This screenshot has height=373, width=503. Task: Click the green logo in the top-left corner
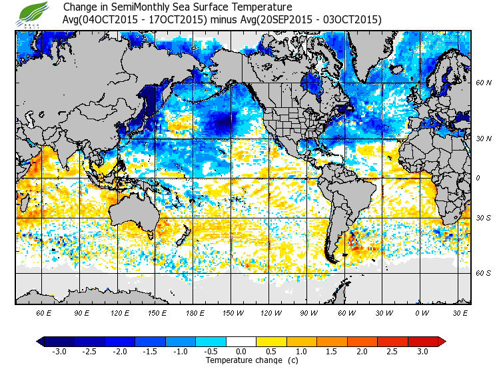[x=33, y=13]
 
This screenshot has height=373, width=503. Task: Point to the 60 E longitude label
[x=43, y=312]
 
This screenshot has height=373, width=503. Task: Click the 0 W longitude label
[x=421, y=312]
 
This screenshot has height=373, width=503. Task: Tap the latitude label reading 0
[x=478, y=178]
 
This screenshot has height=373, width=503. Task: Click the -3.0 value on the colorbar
[x=59, y=352]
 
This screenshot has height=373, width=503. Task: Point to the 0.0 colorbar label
[x=241, y=352]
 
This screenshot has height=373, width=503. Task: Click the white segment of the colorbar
[x=241, y=342]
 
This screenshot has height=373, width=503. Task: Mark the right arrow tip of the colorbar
[x=442, y=342]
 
